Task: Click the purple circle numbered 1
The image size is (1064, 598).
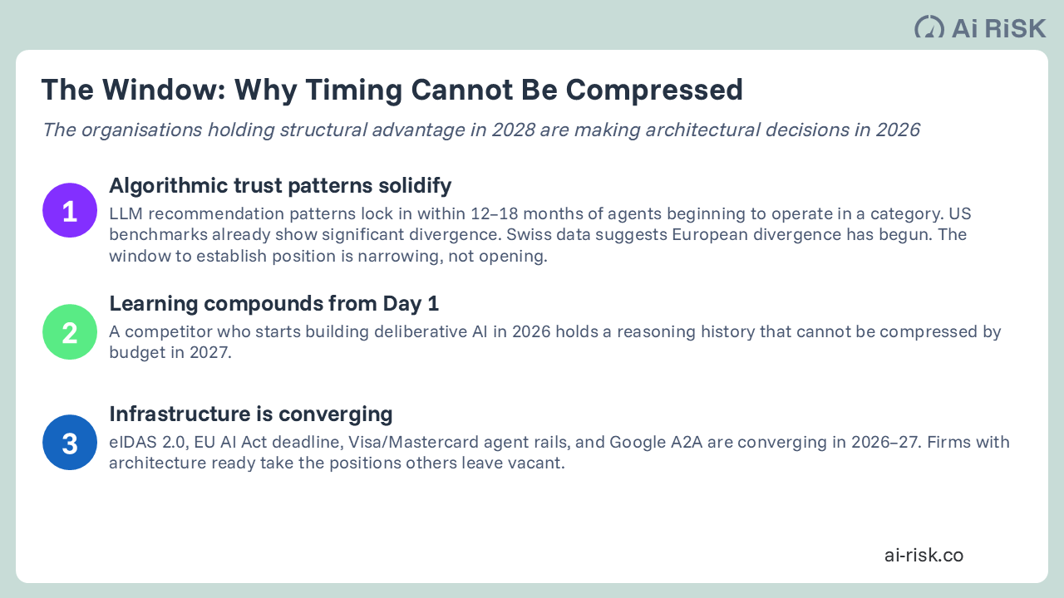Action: [70, 210]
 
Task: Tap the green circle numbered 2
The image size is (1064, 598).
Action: [70, 332]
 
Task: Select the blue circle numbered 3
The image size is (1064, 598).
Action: [70, 443]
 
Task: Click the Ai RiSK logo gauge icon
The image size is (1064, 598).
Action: [929, 27]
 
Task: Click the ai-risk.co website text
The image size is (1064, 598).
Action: [924, 555]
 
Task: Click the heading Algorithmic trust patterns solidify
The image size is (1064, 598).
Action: [280, 185]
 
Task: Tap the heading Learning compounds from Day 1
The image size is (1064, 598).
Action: [273, 304]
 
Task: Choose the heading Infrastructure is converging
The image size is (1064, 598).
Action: [250, 414]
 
